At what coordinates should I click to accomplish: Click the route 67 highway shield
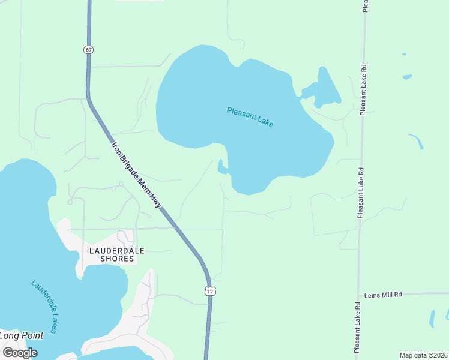click(x=89, y=50)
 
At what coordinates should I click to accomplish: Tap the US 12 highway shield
click(x=209, y=291)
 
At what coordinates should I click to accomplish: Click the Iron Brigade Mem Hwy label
click(x=137, y=175)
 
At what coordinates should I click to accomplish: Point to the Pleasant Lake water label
click(x=250, y=116)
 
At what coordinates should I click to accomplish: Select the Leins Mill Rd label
click(x=383, y=295)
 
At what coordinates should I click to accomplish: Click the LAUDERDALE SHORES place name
click(x=112, y=254)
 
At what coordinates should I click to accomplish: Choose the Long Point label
click(x=22, y=335)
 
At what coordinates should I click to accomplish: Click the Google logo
click(x=20, y=353)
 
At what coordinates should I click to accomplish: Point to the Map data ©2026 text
click(x=423, y=355)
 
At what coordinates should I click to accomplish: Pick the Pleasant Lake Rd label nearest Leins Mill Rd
click(x=357, y=327)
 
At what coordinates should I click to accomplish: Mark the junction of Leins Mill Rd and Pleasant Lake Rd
click(x=358, y=295)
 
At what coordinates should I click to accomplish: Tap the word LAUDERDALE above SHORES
click(x=117, y=250)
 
